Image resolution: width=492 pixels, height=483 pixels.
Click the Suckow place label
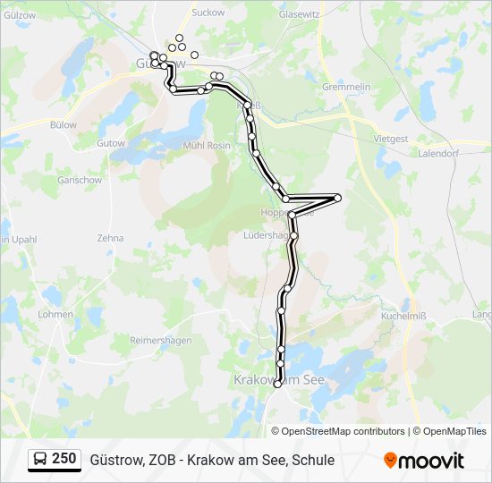point(208,13)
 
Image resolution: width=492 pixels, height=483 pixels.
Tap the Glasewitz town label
point(300,14)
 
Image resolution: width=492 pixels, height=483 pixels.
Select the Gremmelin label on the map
point(346,87)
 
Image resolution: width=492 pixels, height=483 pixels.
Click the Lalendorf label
point(438,153)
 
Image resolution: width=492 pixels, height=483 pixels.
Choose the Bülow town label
point(64,125)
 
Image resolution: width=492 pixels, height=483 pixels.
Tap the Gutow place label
point(111,143)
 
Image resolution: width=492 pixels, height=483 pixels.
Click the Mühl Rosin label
point(206,145)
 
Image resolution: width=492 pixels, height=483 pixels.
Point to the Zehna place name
point(110,238)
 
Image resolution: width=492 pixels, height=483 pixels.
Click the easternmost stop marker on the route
point(337,198)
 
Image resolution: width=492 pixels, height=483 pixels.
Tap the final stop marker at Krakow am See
point(277,384)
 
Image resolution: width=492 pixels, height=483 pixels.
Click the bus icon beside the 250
point(40,460)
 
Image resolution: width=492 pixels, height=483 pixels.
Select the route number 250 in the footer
point(64,459)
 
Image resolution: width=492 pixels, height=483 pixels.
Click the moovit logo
point(424,461)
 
